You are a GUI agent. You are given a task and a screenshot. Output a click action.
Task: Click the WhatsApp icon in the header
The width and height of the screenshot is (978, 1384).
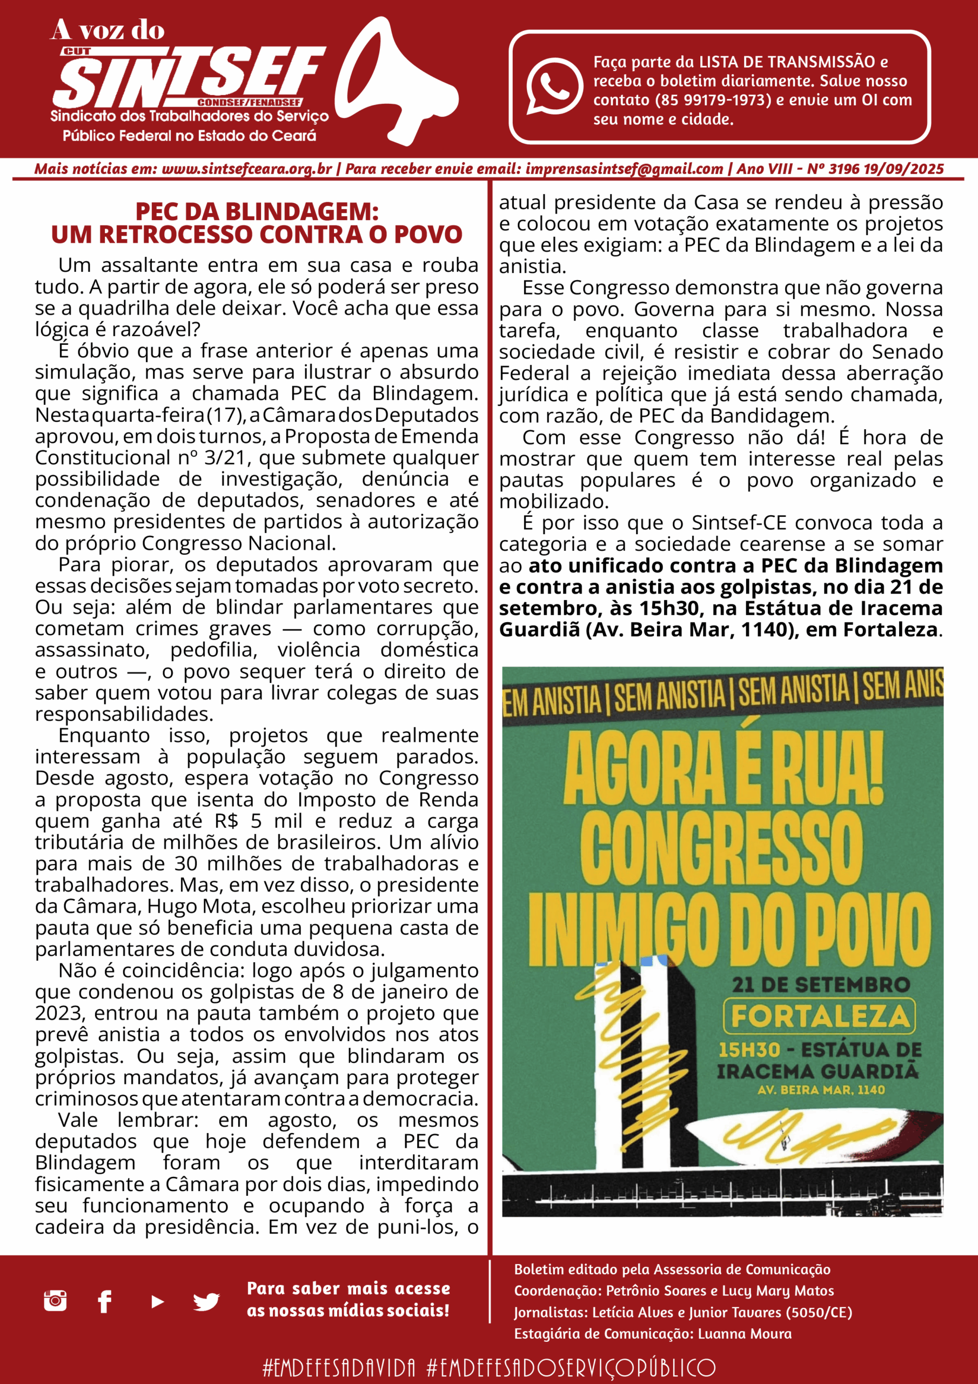click(554, 85)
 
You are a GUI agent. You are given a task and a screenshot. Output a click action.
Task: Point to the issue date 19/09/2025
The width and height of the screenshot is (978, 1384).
click(903, 169)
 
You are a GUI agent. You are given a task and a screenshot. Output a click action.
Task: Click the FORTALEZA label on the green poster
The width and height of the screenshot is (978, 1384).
click(819, 1016)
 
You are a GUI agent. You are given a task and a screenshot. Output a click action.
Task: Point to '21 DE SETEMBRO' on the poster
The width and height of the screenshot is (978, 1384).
click(821, 985)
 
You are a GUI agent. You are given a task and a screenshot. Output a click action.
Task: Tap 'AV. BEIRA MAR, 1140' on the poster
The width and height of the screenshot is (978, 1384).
click(821, 1090)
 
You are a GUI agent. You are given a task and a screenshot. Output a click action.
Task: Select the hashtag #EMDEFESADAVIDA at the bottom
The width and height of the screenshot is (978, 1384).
click(339, 1367)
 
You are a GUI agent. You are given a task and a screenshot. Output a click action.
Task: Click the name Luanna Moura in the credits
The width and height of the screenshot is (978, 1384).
click(744, 1334)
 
